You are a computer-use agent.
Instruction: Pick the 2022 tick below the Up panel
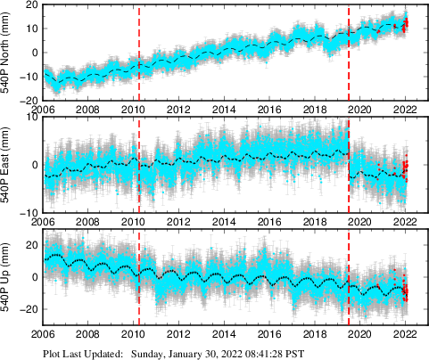tap(405, 336)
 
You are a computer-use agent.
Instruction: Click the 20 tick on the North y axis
tap(29, 4)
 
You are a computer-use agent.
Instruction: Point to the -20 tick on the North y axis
tap(28, 100)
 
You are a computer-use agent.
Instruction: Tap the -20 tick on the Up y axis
tap(28, 309)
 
